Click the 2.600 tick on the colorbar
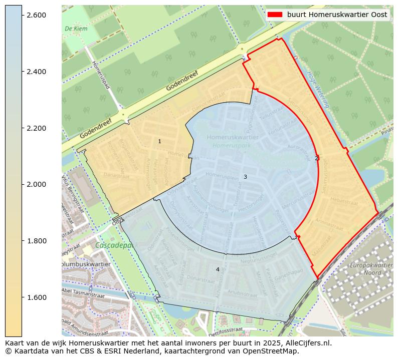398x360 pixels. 36,16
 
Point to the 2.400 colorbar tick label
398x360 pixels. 36,72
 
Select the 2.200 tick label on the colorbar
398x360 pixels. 36,128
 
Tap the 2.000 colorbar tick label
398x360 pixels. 36,185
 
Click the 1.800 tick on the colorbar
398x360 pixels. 36,241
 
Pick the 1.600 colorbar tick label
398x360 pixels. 36,297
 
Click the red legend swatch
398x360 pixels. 275,15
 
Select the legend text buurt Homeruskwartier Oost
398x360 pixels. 337,15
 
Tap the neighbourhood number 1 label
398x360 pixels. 160,142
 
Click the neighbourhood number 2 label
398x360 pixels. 316,158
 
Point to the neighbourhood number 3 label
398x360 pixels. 245,177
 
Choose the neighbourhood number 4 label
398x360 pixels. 218,269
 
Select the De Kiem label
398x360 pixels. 76,29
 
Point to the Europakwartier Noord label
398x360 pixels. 371,269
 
